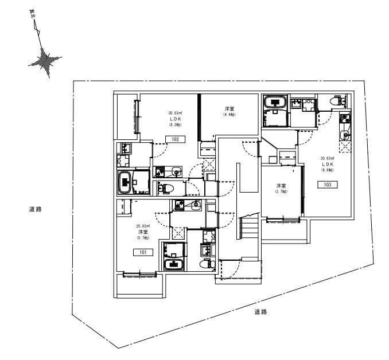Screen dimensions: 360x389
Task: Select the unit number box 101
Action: click(x=141, y=252)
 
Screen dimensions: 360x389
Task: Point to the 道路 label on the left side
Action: click(x=36, y=209)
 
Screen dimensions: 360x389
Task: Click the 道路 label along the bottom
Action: click(x=260, y=312)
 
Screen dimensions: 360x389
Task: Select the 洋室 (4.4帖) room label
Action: click(x=229, y=111)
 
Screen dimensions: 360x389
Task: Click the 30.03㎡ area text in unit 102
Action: click(x=175, y=113)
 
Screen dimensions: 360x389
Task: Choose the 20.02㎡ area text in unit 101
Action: click(x=142, y=226)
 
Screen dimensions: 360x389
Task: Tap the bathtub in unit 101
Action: click(x=173, y=264)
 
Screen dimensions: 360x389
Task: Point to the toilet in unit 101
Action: click(x=205, y=264)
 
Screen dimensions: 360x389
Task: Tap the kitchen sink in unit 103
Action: click(x=345, y=135)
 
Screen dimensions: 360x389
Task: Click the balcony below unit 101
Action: click(x=140, y=284)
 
